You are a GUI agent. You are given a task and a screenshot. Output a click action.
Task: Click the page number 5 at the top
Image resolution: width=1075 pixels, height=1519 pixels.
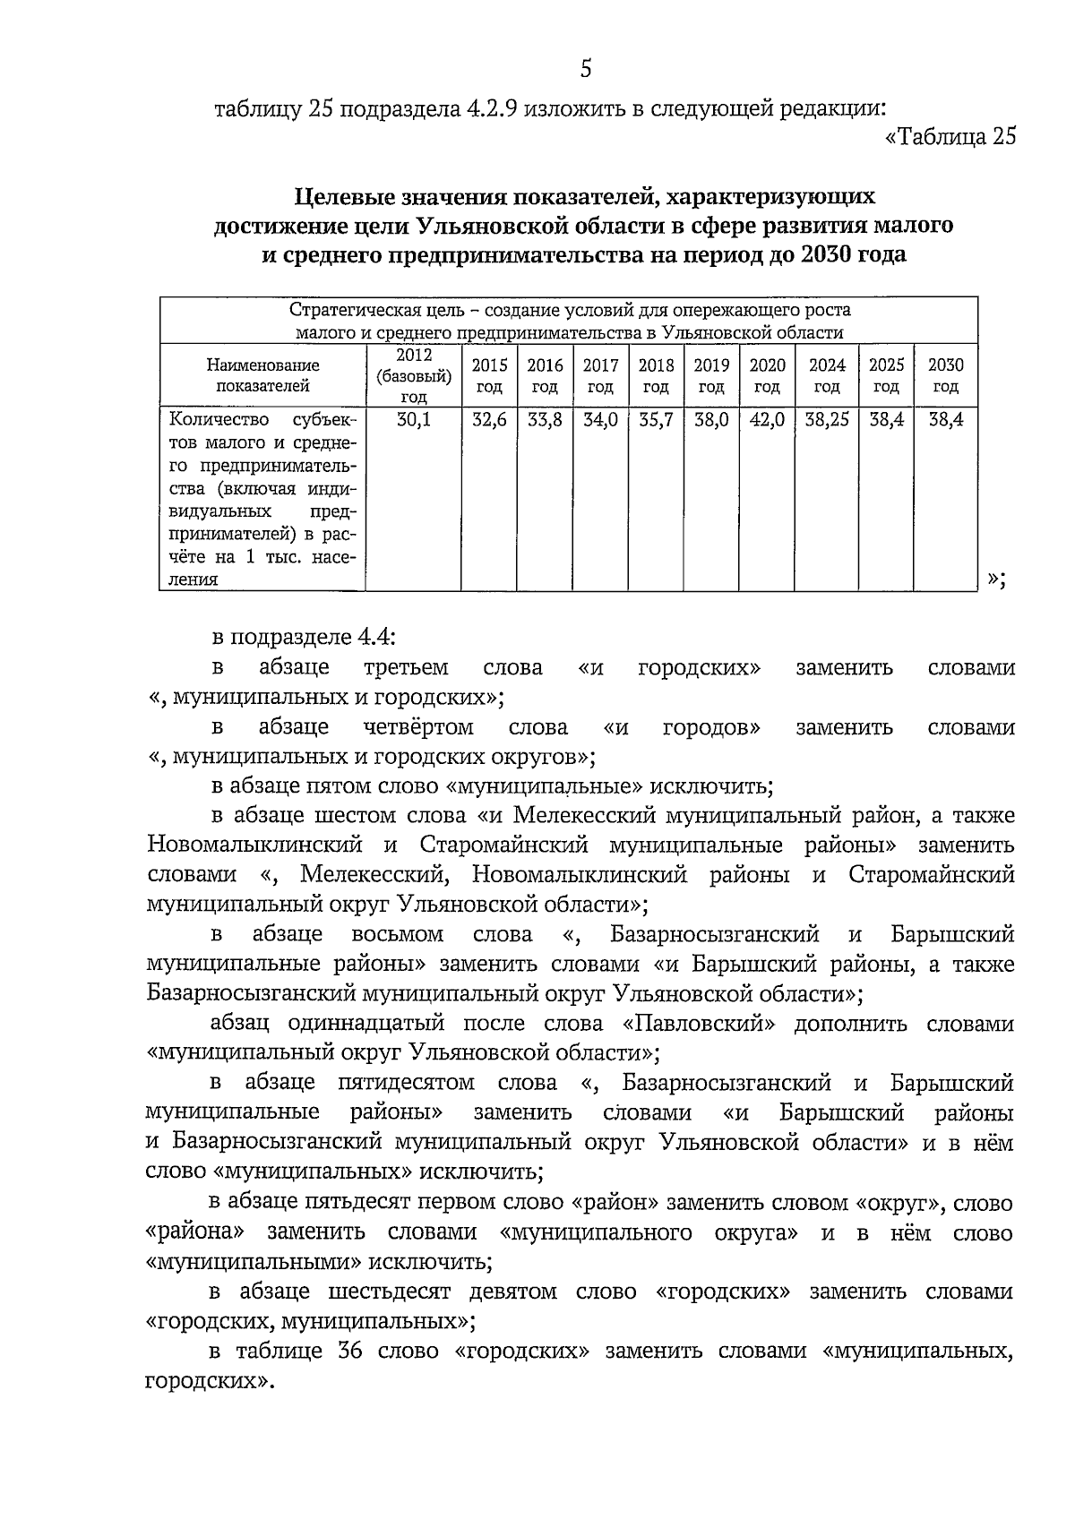tap(586, 68)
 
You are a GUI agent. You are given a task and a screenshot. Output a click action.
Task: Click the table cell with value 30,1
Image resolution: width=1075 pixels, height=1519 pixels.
tap(413, 419)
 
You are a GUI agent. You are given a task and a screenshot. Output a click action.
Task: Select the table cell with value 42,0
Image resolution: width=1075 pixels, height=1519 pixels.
tap(768, 419)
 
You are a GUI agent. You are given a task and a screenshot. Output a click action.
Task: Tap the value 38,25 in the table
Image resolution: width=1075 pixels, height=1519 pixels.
tap(827, 419)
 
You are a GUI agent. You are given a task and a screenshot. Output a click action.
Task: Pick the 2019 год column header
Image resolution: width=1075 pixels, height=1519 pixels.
tap(711, 375)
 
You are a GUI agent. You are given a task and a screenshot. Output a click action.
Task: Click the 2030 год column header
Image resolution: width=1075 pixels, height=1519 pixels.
tap(945, 375)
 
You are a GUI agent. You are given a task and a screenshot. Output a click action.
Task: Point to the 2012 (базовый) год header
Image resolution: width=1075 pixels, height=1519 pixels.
tap(413, 375)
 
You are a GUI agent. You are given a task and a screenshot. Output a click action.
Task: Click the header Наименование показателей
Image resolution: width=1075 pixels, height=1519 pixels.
tap(262, 375)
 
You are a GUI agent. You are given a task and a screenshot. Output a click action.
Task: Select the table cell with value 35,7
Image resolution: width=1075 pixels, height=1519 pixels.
tap(656, 419)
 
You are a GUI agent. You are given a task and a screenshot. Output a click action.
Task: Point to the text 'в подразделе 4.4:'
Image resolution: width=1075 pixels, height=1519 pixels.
tap(304, 637)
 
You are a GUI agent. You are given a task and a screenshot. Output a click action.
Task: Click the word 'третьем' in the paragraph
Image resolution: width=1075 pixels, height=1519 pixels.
tap(407, 667)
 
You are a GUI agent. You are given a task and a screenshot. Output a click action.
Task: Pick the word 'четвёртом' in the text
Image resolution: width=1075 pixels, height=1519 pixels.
tap(418, 726)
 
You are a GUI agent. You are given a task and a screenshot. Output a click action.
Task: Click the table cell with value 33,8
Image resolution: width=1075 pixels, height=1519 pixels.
tap(545, 419)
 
